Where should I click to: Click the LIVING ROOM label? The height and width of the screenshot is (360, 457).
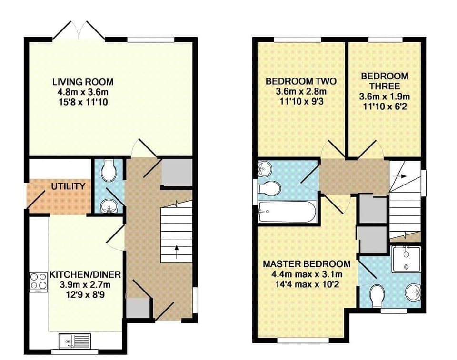tap(83, 82)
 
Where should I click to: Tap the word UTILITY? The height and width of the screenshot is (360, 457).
tap(69, 186)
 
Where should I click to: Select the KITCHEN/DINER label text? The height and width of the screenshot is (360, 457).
tap(85, 274)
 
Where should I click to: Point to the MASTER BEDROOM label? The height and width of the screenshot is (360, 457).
tap(307, 264)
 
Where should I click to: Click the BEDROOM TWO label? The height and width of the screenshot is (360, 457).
tap(301, 81)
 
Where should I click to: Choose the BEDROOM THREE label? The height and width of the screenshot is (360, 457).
tap(384, 81)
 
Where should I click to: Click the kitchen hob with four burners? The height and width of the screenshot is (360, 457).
tap(38, 281)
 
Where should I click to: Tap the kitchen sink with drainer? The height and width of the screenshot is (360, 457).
tap(75, 341)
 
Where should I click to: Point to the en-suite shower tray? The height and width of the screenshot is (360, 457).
tap(406, 259)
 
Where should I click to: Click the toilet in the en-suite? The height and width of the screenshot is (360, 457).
tap(377, 294)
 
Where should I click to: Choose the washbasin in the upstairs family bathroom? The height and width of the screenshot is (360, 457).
tap(265, 169)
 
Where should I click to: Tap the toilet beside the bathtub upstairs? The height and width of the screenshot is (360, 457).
tap(268, 188)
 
